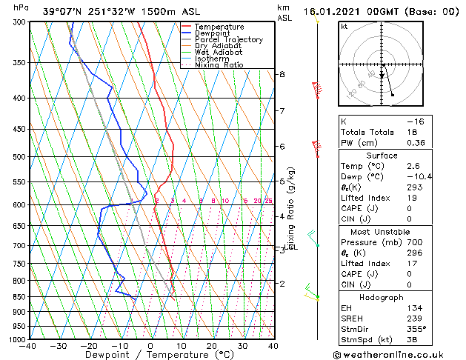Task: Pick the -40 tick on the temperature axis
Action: [29, 345]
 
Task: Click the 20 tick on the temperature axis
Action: [211, 345]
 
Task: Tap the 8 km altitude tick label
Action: [282, 75]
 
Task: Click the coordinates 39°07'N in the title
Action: [62, 12]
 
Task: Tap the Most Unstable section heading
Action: [382, 232]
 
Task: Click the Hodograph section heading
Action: [382, 297]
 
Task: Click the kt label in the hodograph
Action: [344, 27]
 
